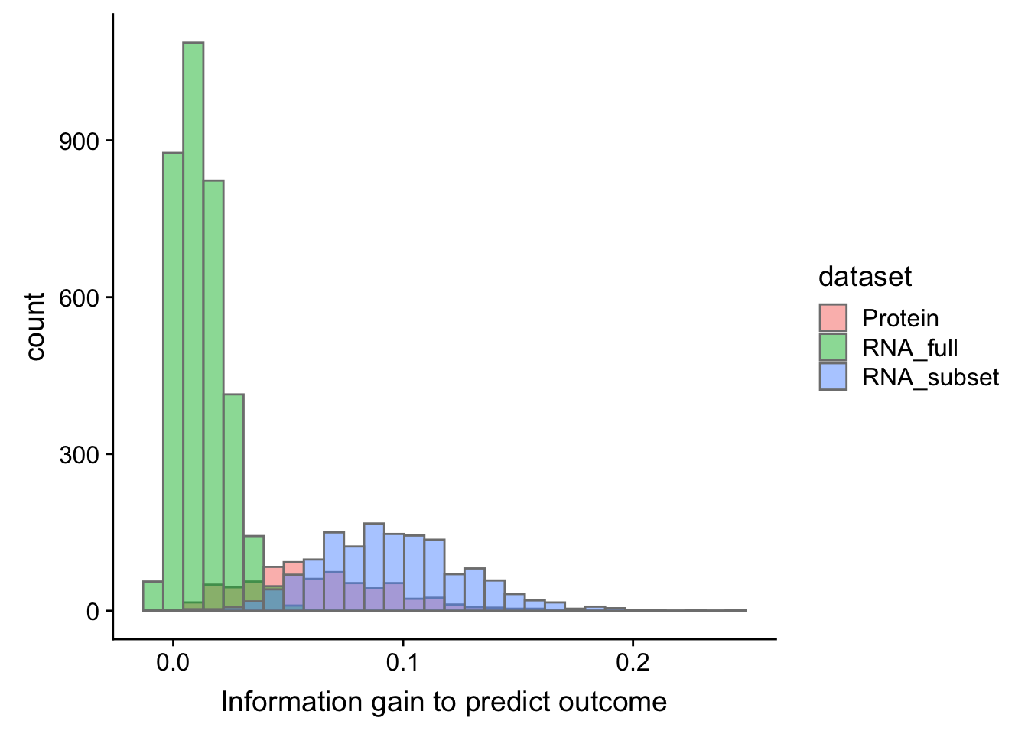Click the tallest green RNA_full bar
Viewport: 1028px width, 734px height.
pos(193,321)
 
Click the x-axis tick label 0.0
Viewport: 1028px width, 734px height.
pos(173,661)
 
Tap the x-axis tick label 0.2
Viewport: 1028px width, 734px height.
pos(633,661)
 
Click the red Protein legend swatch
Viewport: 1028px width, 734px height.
pos(833,318)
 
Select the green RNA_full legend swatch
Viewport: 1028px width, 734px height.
pos(833,348)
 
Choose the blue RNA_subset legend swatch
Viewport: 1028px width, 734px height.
pos(833,377)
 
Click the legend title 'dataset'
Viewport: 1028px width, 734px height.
pos(864,277)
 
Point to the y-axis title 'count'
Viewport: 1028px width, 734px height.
pos(35,326)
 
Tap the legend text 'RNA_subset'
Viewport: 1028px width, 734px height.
pos(930,377)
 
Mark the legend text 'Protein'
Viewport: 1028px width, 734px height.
pos(900,318)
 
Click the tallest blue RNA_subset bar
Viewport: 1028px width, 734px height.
pos(373,566)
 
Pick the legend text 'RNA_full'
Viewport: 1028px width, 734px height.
pos(909,348)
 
